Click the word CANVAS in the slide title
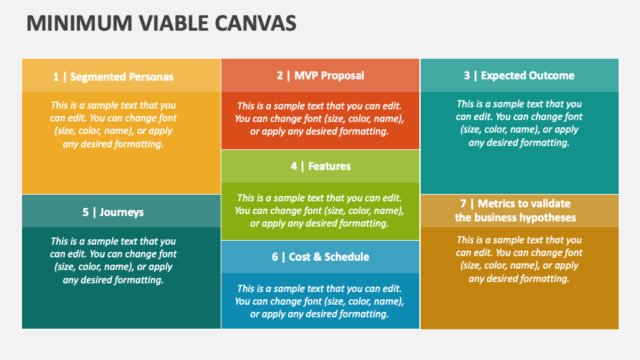(257, 23)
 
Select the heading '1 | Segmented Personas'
(113, 77)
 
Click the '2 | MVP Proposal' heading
(321, 75)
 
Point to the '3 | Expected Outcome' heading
(519, 75)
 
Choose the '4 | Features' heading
(321, 166)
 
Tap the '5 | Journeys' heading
(113, 212)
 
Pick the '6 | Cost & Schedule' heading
(321, 257)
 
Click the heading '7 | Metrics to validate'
(515, 203)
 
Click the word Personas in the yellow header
(148, 77)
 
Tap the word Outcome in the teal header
(551, 75)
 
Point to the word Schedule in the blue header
(347, 257)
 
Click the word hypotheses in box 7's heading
(541, 217)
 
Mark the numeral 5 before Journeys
(85, 212)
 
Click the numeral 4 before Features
(294, 166)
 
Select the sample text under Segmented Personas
(113, 124)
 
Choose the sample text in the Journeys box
(113, 261)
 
